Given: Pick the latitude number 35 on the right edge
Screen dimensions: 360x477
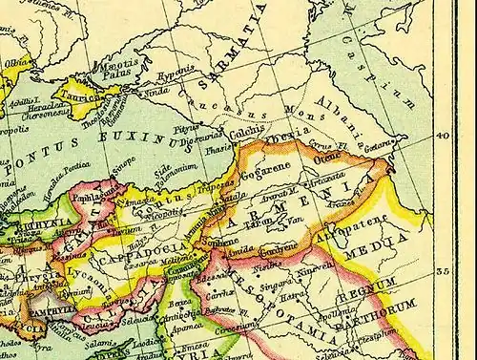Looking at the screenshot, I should tap(442, 271).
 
